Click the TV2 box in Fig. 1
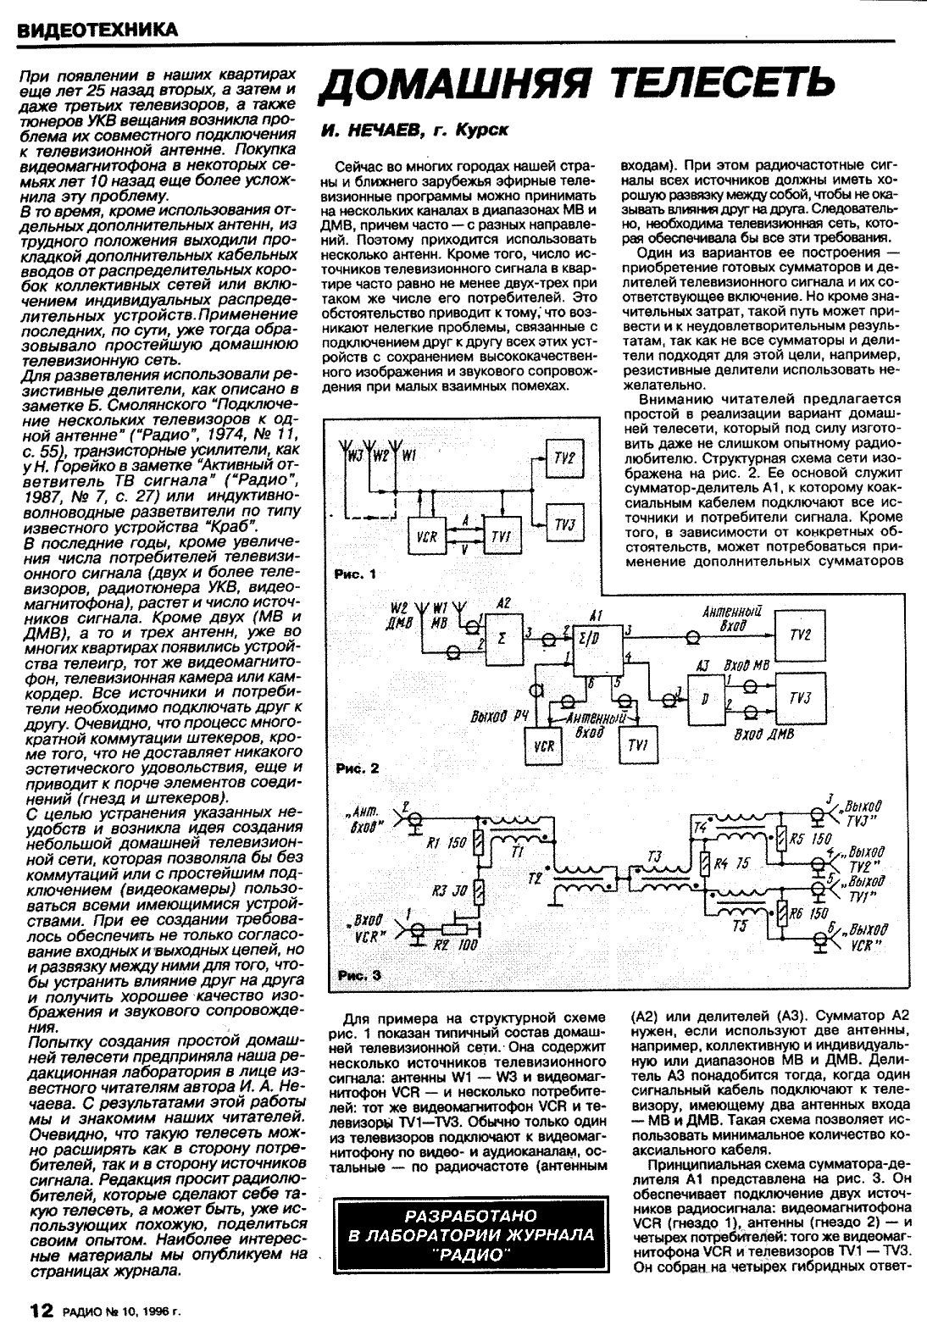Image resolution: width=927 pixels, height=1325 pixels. (564, 457)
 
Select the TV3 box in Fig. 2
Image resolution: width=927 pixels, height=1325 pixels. (799, 699)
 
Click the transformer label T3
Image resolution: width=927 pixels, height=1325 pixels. (653, 857)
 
